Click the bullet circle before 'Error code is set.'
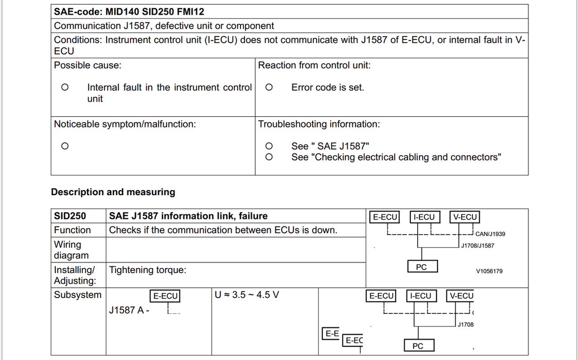coord(269,87)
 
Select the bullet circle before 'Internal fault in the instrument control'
coord(65,87)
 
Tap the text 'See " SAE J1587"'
coord(330,146)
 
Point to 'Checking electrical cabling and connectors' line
coord(396,157)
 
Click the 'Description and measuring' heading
coord(113,192)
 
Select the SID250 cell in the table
coord(70,216)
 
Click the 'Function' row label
coord(72,230)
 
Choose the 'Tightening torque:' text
coord(147,270)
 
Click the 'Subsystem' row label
coord(77,295)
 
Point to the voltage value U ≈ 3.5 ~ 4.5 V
coord(247,295)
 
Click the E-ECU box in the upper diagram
coord(385,217)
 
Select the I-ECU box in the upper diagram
coord(424,217)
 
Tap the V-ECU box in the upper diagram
coord(465,217)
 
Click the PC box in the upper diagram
coord(421,267)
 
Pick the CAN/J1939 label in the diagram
coord(490,234)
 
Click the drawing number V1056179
coord(489,271)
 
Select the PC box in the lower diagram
coord(418,346)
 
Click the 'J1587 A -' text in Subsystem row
coord(129,310)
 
